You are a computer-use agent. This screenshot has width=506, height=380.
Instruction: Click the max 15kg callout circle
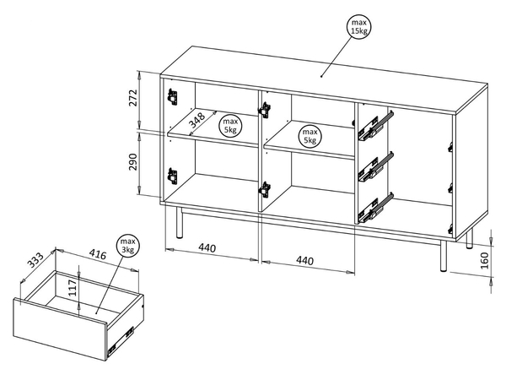(x=359, y=27)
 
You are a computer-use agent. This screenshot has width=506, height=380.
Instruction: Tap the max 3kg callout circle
(x=127, y=246)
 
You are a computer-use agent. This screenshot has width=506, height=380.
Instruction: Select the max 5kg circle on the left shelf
(x=230, y=126)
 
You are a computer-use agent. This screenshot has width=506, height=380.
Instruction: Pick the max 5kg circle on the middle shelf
(x=310, y=136)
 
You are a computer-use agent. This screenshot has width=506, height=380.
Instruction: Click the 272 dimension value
(x=133, y=98)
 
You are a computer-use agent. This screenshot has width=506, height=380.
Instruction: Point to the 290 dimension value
(x=133, y=161)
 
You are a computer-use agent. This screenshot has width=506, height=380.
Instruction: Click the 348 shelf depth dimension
(x=196, y=120)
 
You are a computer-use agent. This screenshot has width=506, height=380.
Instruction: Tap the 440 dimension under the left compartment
(x=207, y=247)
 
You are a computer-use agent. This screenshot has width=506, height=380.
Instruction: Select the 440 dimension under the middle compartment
(x=304, y=260)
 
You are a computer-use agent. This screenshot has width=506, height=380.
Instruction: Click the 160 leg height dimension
(x=485, y=260)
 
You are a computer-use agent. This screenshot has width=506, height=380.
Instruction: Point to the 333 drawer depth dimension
(x=35, y=260)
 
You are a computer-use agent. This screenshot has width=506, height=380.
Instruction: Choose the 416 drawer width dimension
(x=98, y=255)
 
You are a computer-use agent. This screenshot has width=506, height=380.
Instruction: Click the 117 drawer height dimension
(x=73, y=288)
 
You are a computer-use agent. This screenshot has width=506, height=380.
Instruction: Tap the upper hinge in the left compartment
(x=173, y=96)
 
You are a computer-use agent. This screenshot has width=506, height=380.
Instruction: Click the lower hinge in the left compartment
(x=172, y=176)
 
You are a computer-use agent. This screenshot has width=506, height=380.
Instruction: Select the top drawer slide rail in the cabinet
(x=376, y=126)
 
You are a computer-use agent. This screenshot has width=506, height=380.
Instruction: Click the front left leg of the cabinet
(x=179, y=223)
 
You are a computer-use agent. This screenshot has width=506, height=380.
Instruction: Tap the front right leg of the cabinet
(x=444, y=255)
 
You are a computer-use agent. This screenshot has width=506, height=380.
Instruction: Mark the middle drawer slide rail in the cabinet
(x=376, y=166)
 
